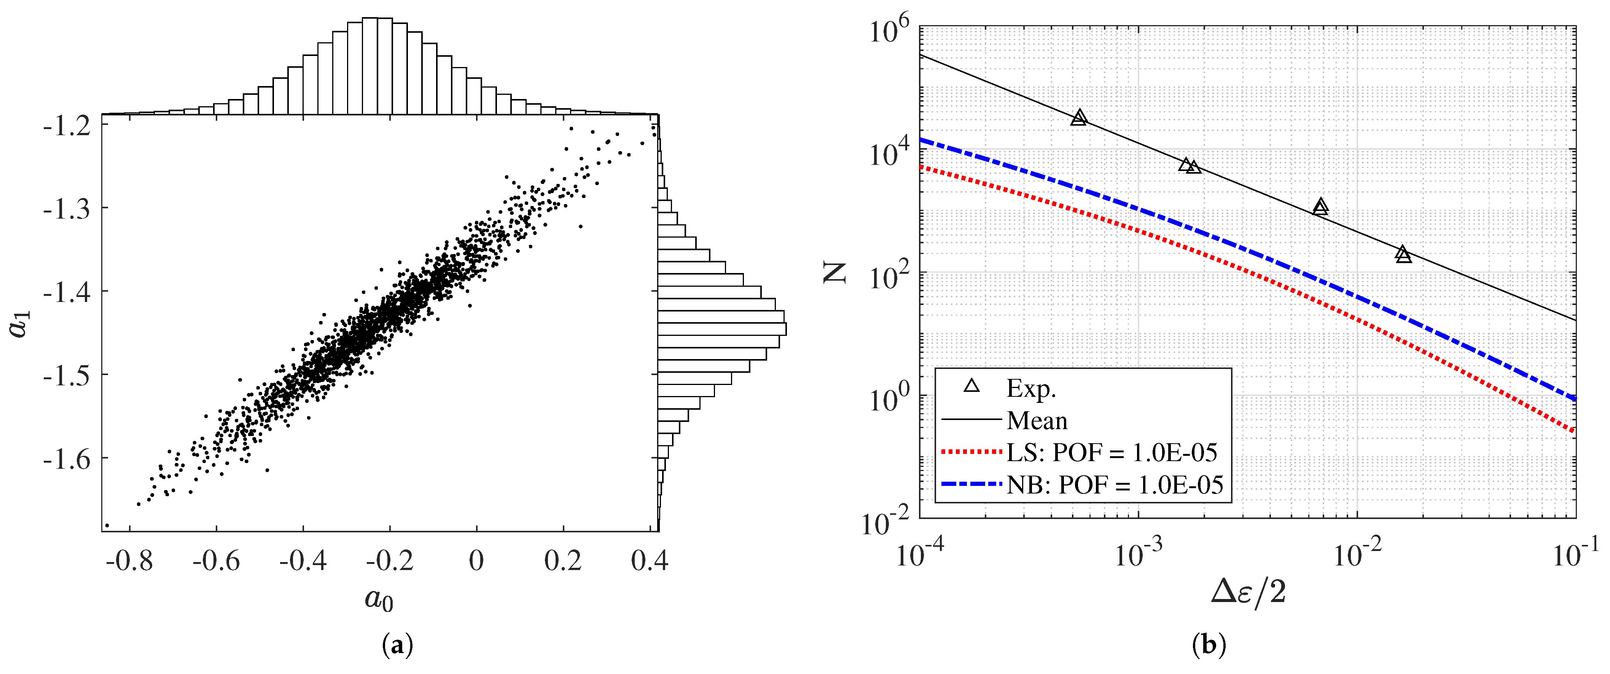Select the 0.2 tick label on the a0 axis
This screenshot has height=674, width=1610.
click(562, 561)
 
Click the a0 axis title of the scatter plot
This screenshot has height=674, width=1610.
click(379, 600)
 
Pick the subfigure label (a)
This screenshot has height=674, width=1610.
click(397, 645)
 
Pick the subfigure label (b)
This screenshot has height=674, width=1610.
click(1209, 645)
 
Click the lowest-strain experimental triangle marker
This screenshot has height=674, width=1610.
click(1079, 118)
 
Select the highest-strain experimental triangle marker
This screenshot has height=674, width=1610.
click(1404, 254)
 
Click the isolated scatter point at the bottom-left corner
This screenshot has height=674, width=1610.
click(107, 525)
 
